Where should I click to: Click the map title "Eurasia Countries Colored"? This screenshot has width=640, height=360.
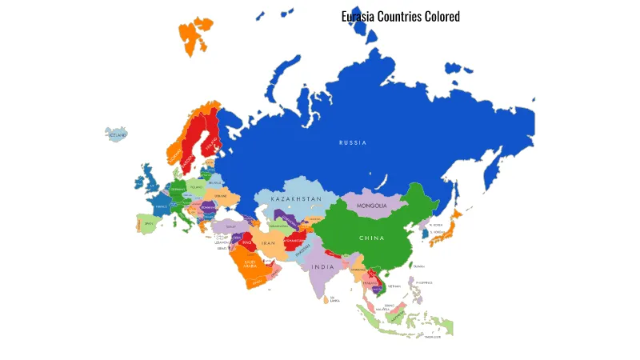point(400,16)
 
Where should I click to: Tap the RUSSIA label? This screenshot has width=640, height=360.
point(353,142)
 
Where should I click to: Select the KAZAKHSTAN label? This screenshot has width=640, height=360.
point(296,198)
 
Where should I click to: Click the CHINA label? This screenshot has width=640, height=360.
point(371,238)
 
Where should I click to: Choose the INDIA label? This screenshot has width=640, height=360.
point(322,266)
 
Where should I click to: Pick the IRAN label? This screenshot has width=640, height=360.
point(269,242)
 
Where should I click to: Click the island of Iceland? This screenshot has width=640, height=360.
point(118,134)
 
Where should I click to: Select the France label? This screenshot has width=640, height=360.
point(162,206)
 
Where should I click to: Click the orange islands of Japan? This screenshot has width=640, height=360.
point(455,220)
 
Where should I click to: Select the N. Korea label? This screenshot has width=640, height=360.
point(436,225)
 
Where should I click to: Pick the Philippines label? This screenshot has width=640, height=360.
point(423,282)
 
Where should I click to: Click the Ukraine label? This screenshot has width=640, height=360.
point(221,196)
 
